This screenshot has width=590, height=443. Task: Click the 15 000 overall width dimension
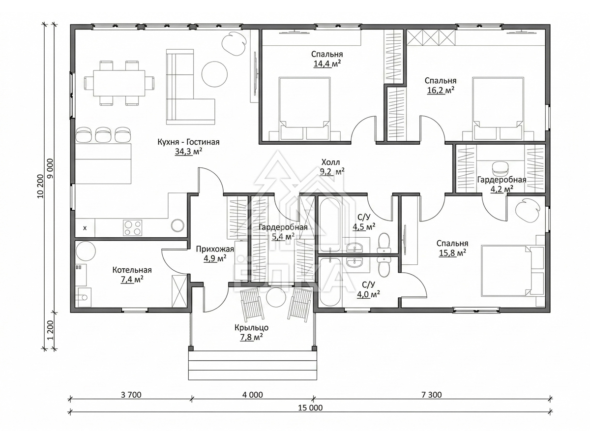click(x=310, y=408)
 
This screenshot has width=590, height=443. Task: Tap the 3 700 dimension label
click(x=131, y=395)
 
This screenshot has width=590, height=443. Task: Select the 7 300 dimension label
click(x=431, y=395)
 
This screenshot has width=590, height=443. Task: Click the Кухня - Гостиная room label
click(x=188, y=142)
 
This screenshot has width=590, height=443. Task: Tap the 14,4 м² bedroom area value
click(x=327, y=64)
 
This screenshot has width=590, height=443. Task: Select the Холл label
click(x=330, y=162)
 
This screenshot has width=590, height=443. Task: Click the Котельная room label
click(x=132, y=270)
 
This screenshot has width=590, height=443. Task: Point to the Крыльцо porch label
click(x=251, y=328)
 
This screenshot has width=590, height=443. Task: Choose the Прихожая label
click(x=215, y=249)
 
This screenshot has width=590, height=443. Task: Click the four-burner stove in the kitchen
click(x=132, y=227)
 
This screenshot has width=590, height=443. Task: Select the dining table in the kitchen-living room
click(x=119, y=83)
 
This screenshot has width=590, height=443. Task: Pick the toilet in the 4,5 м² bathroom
click(x=383, y=243)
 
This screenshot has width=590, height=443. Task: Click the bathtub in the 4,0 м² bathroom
click(x=330, y=282)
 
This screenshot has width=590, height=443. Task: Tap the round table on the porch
click(x=276, y=297)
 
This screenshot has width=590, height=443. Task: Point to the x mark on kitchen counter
click(x=85, y=228)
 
